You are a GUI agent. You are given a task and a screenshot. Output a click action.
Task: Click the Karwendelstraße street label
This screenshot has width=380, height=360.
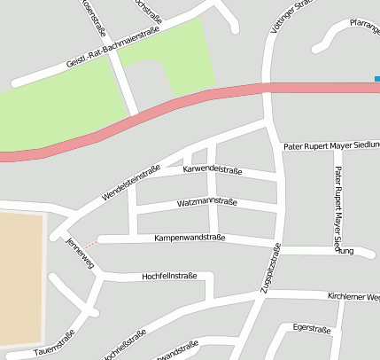[212, 168]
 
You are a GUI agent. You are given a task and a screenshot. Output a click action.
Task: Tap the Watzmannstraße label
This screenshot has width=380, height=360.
[206, 203]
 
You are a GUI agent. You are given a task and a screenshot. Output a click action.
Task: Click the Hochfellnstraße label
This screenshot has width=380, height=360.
[169, 277]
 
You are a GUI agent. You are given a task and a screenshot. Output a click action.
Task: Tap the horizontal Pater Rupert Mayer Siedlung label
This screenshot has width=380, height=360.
[330, 145]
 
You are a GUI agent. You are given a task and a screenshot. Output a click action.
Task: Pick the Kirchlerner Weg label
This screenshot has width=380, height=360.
[353, 296]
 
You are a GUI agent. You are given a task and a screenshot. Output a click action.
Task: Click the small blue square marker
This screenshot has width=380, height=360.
[376, 79]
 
